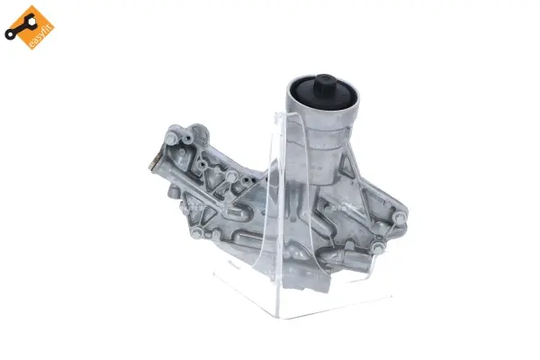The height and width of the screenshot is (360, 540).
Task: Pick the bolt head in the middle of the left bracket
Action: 208,167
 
